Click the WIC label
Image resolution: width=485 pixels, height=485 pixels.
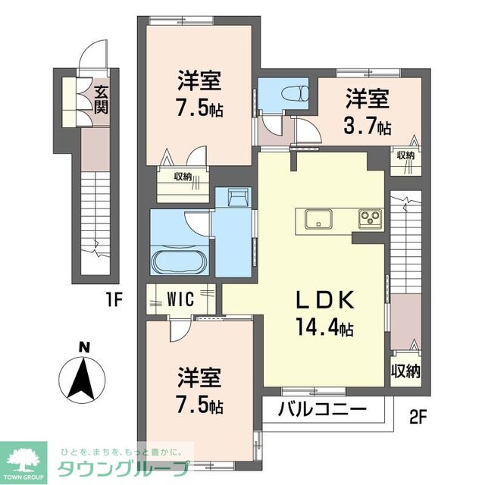coord(181,299)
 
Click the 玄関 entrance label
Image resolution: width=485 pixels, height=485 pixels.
coord(101,99)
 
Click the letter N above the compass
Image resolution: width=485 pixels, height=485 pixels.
coord(86,349)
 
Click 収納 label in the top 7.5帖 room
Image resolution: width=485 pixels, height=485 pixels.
coord(183,178)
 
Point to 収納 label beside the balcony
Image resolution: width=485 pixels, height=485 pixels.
coord(406,371)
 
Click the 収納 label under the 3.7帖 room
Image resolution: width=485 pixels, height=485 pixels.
coord(405,155)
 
